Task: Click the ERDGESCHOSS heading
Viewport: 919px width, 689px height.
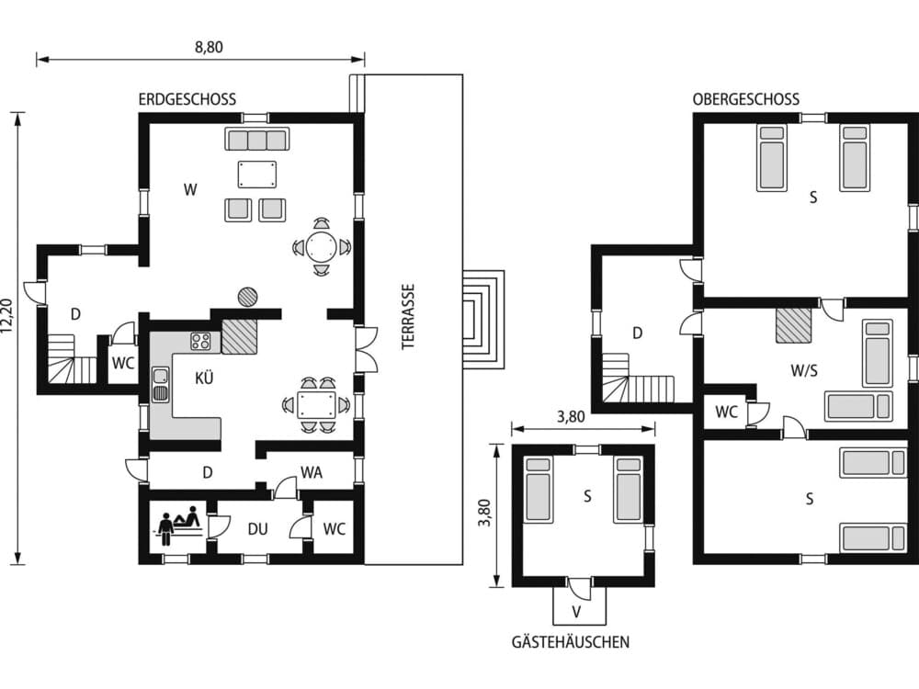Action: click(x=187, y=99)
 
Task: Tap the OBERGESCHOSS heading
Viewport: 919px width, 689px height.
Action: click(x=745, y=99)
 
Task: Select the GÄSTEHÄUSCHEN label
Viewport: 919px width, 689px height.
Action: click(x=571, y=642)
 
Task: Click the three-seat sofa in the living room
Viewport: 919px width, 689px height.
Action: click(x=257, y=140)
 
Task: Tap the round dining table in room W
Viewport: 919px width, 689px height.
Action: click(x=321, y=246)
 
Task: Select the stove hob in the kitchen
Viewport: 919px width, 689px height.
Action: click(x=201, y=342)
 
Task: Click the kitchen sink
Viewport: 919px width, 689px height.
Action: click(x=161, y=383)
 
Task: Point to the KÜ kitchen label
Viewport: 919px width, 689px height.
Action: click(x=204, y=377)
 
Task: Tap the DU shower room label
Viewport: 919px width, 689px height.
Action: click(x=257, y=529)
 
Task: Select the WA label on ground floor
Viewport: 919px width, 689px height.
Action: click(x=312, y=473)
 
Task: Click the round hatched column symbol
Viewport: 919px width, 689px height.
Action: click(x=248, y=296)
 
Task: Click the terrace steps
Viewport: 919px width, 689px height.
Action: click(x=483, y=318)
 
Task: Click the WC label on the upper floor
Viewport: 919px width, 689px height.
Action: click(x=726, y=412)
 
